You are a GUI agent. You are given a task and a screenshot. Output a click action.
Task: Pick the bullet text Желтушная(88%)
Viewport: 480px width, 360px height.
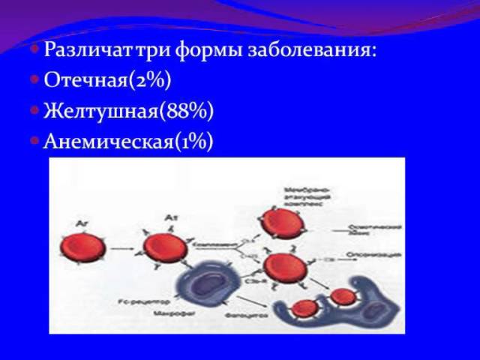point(129,111)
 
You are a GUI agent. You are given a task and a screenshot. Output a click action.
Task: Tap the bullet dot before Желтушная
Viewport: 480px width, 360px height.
point(35,111)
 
